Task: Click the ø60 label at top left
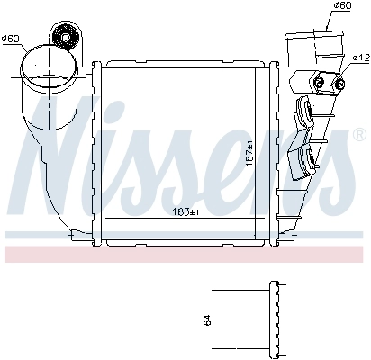(x=12, y=39)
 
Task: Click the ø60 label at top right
(x=341, y=5)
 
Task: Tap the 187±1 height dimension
(x=250, y=148)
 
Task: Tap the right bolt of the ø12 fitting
(x=339, y=85)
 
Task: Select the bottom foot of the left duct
(x=77, y=236)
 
